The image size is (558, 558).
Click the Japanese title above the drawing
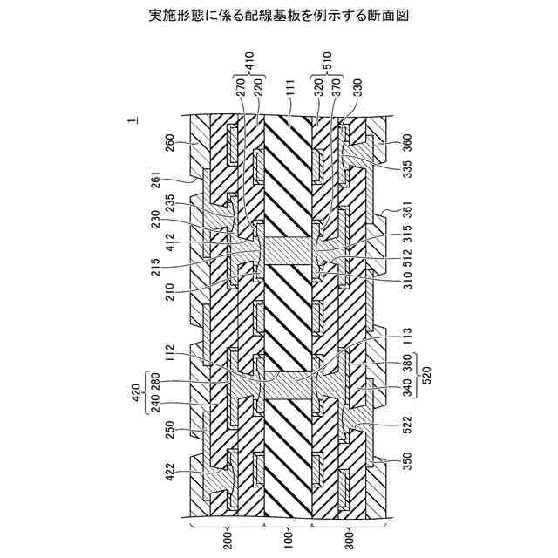pos(279,15)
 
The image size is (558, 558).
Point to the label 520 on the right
pos(426,371)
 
